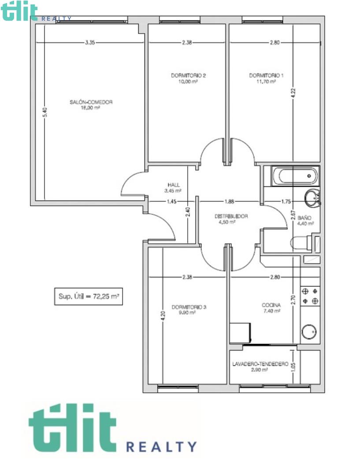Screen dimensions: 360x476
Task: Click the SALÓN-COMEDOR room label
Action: click(x=91, y=102)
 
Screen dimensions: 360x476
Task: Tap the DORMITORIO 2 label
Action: click(x=188, y=75)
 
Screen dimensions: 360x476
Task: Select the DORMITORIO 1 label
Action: click(x=266, y=75)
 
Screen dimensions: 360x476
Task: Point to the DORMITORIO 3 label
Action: click(x=189, y=307)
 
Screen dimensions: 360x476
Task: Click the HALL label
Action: click(x=174, y=185)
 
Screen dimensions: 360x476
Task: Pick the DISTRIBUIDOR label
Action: click(x=231, y=216)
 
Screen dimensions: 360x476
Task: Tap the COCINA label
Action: click(x=271, y=305)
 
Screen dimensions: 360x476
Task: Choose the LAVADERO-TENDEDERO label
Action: click(x=260, y=364)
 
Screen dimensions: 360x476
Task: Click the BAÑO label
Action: click(x=304, y=218)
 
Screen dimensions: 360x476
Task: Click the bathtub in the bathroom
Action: click(x=295, y=176)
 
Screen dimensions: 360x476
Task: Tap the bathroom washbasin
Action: click(x=312, y=198)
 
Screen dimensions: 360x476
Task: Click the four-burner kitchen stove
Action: click(x=310, y=296)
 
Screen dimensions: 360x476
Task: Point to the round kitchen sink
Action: click(x=309, y=331)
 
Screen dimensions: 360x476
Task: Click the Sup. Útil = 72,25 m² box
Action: click(x=89, y=296)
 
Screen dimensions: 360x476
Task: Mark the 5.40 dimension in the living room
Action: click(x=45, y=112)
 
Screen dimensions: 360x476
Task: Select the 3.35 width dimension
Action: click(x=90, y=42)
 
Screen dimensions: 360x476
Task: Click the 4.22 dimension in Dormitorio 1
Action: click(x=293, y=93)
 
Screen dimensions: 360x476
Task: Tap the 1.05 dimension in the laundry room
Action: click(x=293, y=367)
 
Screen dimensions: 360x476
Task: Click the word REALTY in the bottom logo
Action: click(x=161, y=447)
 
